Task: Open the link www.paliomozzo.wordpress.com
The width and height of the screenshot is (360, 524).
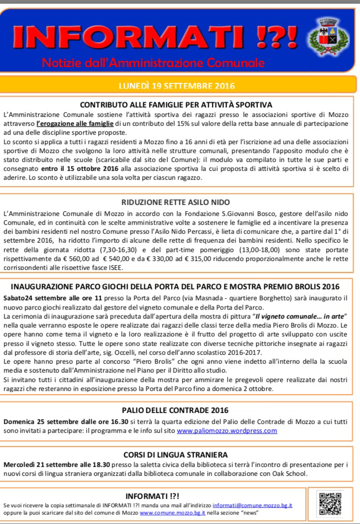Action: tap(226, 431)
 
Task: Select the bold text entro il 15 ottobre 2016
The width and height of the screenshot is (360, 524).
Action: tap(81, 169)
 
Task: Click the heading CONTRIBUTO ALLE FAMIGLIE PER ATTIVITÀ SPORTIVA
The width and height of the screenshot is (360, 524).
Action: tap(176, 104)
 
